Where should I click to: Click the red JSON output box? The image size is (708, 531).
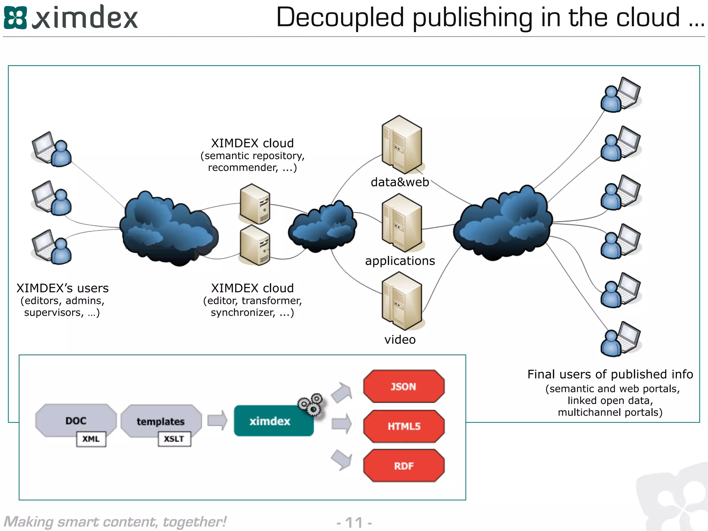403,386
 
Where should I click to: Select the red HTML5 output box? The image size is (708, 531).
403,426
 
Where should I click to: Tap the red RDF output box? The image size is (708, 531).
403,466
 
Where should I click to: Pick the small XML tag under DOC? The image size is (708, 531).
91,439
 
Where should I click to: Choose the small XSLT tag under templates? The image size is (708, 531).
174,439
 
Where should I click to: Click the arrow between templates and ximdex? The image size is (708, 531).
217,420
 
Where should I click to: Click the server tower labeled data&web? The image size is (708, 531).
402,145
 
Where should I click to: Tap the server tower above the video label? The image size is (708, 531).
402,301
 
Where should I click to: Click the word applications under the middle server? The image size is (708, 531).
400,261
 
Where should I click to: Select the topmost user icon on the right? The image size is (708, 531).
620,95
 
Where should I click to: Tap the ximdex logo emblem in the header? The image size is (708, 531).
15,18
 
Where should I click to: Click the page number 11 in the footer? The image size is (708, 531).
354,522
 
